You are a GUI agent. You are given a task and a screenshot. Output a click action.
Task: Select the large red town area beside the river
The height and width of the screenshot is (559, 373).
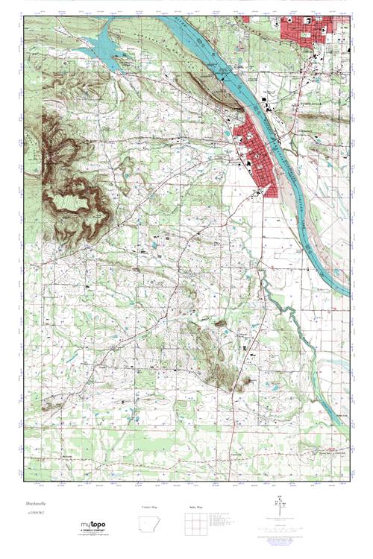[x=257, y=157]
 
